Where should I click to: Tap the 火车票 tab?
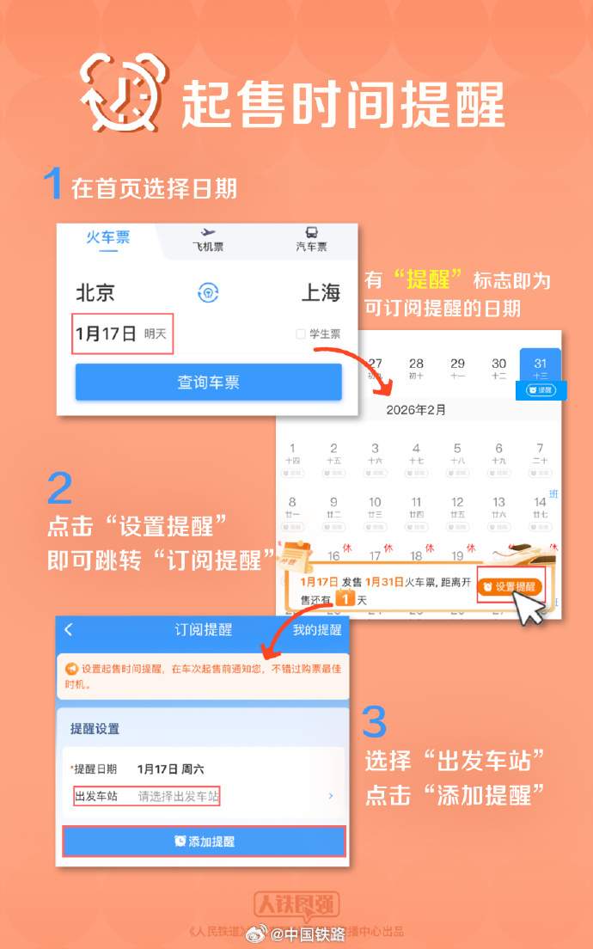(107, 237)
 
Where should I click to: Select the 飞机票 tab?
(207, 240)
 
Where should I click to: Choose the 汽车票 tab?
(311, 240)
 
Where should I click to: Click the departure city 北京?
(95, 292)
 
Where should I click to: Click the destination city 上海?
(321, 292)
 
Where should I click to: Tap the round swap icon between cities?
(209, 292)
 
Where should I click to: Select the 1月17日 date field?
(123, 334)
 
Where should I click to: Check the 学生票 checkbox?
(301, 334)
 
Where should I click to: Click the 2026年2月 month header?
(416, 410)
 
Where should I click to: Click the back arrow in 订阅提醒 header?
(69, 629)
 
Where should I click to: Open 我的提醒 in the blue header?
(316, 629)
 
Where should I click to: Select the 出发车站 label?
(96, 796)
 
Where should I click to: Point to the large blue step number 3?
(374, 723)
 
